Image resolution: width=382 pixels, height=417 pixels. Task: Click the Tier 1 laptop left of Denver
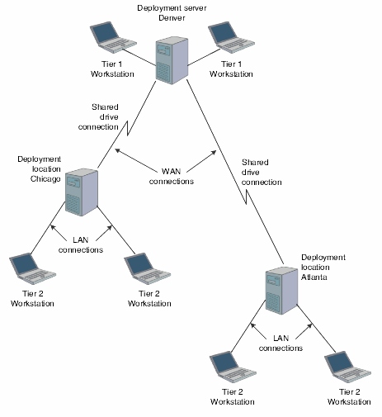(x=108, y=36)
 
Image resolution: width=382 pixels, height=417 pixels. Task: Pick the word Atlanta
(x=314, y=277)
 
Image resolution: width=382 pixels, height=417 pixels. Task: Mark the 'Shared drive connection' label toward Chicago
(x=98, y=116)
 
